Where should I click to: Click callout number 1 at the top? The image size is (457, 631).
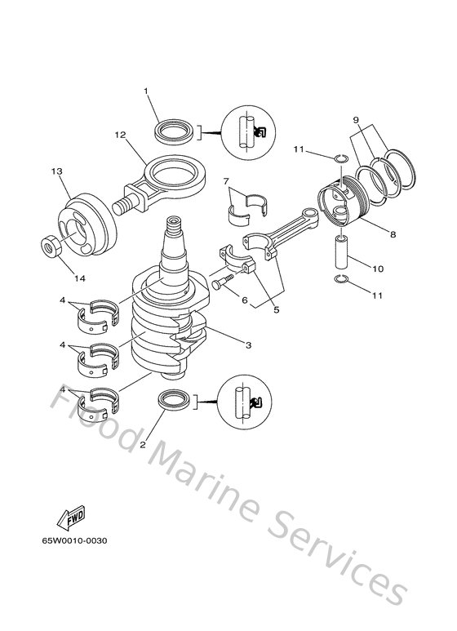tap(146, 91)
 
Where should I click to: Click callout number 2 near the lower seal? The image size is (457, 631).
tap(144, 445)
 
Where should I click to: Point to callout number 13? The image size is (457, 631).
tap(56, 171)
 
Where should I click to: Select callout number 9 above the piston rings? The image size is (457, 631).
tap(356, 120)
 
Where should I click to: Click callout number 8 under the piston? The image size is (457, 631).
tap(393, 234)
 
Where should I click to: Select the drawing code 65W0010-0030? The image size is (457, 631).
tap(75, 541)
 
